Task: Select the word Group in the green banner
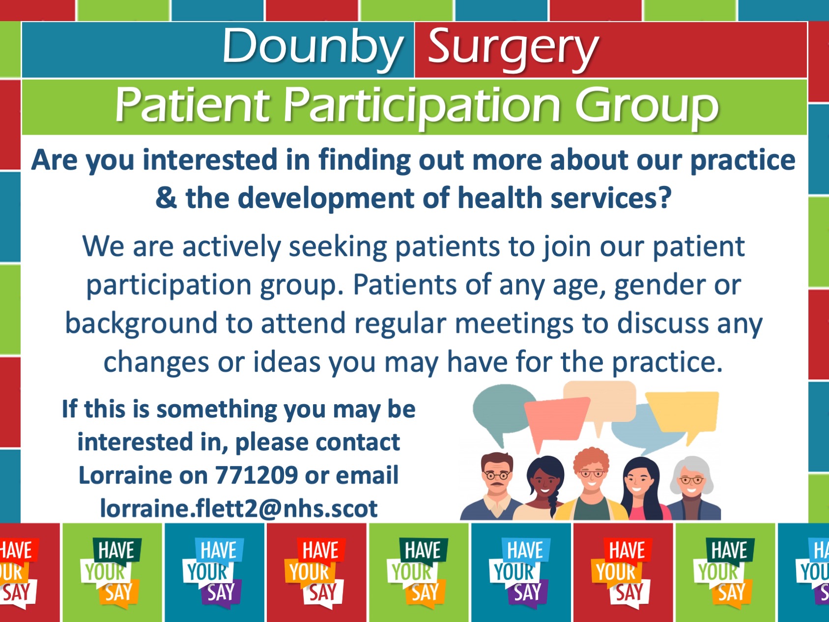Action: [x=647, y=105]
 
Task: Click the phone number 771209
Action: [x=257, y=475]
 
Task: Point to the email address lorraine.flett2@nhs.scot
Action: [x=239, y=508]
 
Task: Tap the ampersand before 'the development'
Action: [x=166, y=198]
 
